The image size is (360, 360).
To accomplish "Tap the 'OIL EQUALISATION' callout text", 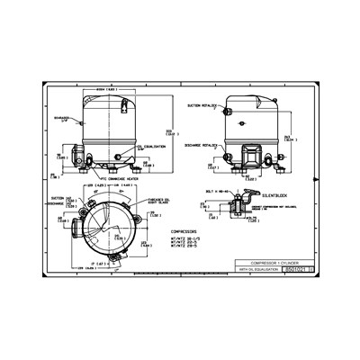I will [149, 143].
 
